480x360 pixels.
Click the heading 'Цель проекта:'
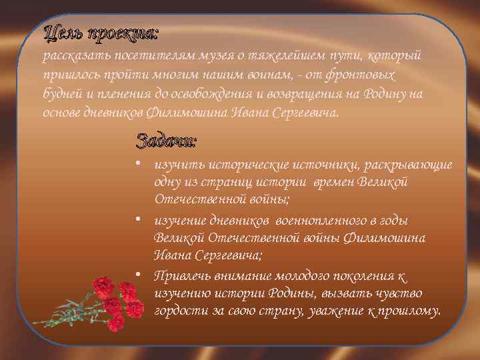[x=101, y=31]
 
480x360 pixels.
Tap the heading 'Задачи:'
[x=166, y=141]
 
